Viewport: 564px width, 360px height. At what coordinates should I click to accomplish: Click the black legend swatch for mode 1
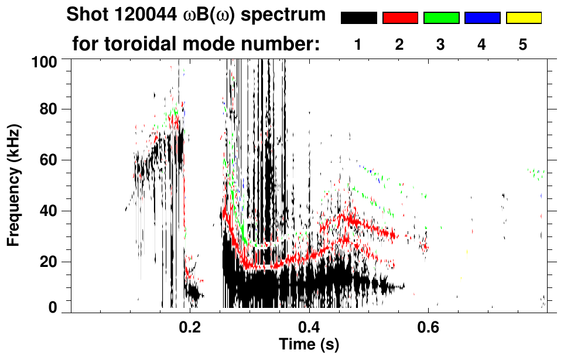tap(358, 18)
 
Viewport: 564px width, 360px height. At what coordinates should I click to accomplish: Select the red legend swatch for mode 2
tap(400, 18)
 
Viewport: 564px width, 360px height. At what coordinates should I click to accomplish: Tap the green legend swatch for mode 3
tap(441, 18)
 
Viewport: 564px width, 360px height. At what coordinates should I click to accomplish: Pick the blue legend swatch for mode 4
tap(482, 18)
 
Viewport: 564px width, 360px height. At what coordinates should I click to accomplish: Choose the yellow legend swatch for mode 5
tap(524, 18)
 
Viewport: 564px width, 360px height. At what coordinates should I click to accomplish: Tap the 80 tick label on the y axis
tap(51, 109)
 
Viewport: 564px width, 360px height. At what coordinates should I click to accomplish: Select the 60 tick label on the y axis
tap(51, 160)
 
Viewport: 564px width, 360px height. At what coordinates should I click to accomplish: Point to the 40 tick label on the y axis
tap(51, 211)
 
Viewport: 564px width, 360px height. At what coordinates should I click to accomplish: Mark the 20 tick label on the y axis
tap(51, 262)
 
